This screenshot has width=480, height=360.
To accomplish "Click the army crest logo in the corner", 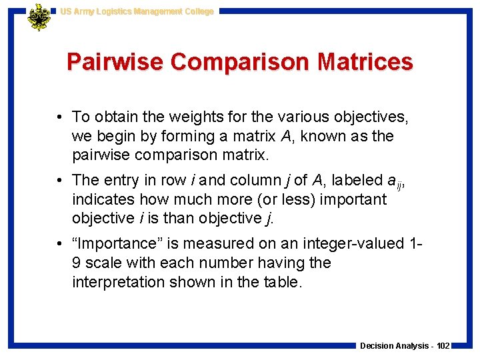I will point(39,17).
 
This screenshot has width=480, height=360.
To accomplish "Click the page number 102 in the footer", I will point(443,345).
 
